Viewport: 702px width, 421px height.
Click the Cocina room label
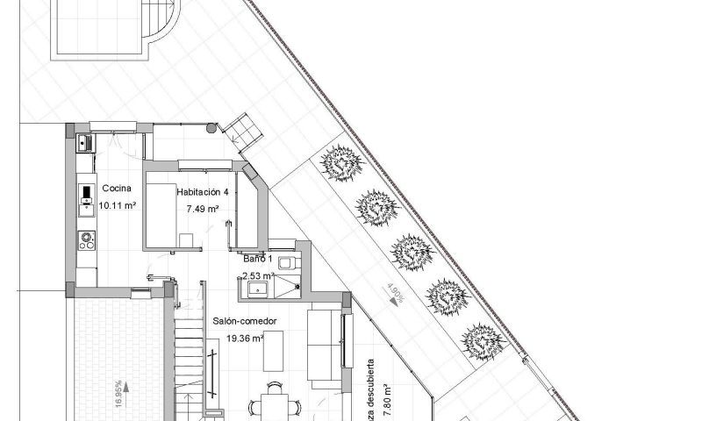[x=117, y=189]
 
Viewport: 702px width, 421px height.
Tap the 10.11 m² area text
[x=117, y=206]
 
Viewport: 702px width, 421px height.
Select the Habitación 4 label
[x=203, y=192]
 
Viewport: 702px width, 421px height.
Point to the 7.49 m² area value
[x=202, y=209]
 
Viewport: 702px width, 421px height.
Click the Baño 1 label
[x=258, y=259]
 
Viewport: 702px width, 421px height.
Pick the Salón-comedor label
[x=245, y=321]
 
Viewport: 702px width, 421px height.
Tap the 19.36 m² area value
[x=246, y=338]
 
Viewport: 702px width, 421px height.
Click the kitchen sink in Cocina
[x=83, y=141]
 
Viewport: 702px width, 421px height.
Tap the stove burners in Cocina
[x=86, y=239]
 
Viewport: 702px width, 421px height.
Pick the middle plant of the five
[x=409, y=251]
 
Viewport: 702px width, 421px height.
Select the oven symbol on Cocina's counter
[x=86, y=197]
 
